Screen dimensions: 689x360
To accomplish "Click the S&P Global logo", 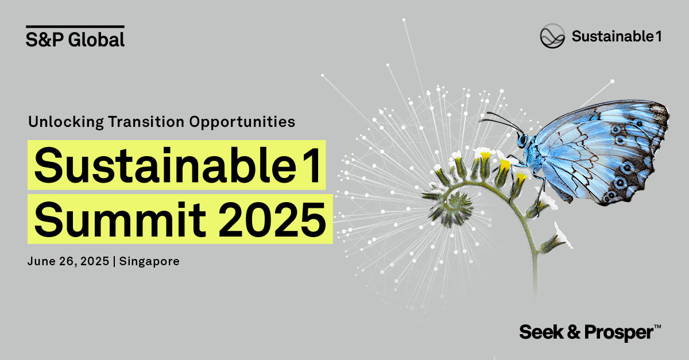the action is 75,37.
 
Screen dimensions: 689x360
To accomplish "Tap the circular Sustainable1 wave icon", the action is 552,36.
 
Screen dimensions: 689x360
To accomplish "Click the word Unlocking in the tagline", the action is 66,122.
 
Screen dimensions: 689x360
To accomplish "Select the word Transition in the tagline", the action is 146,122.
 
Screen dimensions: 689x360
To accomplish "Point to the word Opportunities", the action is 242,122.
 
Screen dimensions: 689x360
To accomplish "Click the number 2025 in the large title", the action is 272,220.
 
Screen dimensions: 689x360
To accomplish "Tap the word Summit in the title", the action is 120,220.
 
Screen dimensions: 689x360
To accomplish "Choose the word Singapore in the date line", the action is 149,262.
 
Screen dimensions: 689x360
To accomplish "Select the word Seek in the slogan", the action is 541,332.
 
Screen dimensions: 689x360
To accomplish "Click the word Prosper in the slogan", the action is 618,333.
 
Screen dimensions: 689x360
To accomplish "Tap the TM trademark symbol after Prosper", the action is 657,327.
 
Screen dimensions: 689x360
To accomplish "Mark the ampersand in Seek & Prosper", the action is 574,332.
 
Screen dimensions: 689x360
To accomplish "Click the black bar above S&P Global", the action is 75,27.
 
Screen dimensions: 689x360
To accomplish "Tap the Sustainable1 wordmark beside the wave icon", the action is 617,36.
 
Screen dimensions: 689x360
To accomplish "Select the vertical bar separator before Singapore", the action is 114,262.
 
